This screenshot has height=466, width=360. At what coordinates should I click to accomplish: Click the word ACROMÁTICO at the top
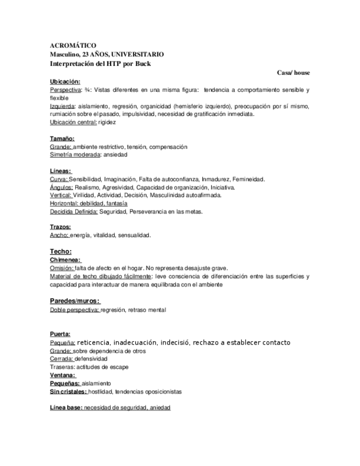[x=73, y=46]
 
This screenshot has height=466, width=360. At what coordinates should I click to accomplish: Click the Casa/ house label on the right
[x=293, y=73]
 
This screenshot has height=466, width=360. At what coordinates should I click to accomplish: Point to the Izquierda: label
[x=64, y=106]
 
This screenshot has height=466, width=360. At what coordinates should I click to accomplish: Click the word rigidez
[x=107, y=123]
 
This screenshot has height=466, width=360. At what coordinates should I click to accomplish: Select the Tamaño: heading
[x=62, y=139]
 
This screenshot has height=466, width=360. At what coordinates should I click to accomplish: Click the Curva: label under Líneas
[x=59, y=179]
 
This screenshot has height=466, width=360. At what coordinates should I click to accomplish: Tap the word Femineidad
[x=248, y=179]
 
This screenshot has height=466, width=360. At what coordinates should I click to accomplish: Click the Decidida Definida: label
[x=74, y=212]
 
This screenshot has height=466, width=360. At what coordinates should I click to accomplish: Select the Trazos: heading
[x=60, y=227]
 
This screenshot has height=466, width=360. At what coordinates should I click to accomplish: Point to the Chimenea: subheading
[x=65, y=259]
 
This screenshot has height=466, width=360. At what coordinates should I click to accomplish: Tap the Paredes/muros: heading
[x=75, y=301]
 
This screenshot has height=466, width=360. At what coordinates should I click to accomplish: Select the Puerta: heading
[x=60, y=334]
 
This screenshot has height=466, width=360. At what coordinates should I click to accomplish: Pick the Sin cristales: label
[x=68, y=392]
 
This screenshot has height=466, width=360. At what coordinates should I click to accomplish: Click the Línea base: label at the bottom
[x=66, y=408]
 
